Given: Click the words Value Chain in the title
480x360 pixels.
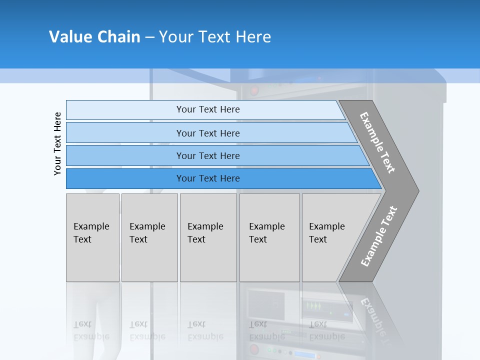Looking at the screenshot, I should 94,37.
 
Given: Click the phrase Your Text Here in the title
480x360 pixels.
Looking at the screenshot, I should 215,37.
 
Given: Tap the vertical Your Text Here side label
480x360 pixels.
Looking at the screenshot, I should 57,143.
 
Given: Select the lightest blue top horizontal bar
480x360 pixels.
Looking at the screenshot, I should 205,109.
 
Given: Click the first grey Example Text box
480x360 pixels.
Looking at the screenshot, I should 92,237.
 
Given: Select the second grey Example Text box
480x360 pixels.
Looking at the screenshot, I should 149,237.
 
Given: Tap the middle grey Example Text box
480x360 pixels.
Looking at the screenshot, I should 208,237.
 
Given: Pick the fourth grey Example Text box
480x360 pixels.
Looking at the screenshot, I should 269,237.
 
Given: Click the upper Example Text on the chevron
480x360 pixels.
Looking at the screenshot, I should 377,142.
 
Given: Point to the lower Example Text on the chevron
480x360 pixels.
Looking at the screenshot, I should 378,236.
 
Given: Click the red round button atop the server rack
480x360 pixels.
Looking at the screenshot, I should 255,90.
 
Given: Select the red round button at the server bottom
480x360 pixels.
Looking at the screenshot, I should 254,349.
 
